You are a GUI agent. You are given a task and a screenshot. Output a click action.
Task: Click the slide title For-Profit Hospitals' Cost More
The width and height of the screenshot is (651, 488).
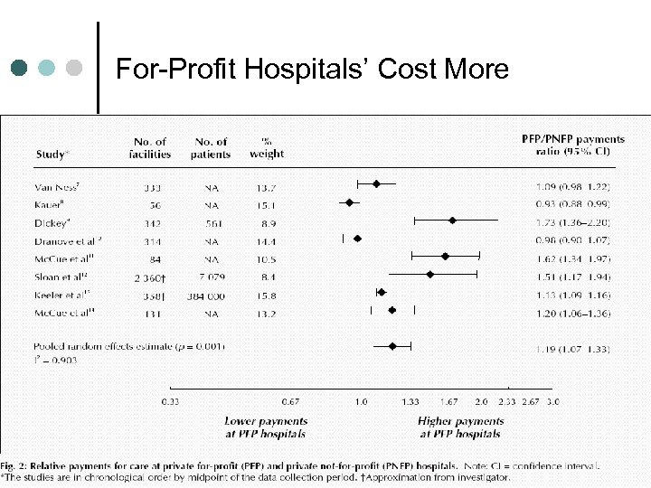(x=313, y=70)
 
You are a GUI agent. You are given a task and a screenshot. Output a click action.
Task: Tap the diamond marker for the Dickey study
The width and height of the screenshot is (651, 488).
(x=452, y=220)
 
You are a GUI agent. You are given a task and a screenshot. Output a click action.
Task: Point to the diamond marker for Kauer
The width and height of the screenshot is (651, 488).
(x=349, y=202)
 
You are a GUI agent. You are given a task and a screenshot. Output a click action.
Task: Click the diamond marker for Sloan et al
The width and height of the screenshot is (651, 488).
(x=430, y=273)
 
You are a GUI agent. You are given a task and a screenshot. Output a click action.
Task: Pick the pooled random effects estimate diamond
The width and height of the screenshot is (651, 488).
(x=392, y=346)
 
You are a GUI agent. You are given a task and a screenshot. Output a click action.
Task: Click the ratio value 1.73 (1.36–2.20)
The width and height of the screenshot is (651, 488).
(x=572, y=221)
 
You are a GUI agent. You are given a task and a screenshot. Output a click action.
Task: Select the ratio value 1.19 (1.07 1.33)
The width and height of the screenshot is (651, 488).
(x=572, y=347)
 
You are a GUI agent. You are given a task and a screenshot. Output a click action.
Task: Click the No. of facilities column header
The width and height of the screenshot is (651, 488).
(x=150, y=148)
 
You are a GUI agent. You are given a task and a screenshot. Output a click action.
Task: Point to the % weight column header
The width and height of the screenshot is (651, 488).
(x=267, y=148)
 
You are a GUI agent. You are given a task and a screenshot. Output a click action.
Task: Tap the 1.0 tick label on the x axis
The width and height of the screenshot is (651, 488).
(x=361, y=400)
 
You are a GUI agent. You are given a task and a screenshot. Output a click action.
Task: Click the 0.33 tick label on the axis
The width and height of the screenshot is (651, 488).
(x=170, y=400)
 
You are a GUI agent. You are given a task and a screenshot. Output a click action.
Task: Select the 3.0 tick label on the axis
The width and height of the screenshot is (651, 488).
(x=552, y=400)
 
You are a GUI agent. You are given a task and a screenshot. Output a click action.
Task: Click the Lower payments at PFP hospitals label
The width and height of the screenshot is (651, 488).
(x=266, y=427)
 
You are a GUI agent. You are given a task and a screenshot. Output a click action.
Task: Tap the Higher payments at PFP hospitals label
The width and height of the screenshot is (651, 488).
(x=460, y=427)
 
